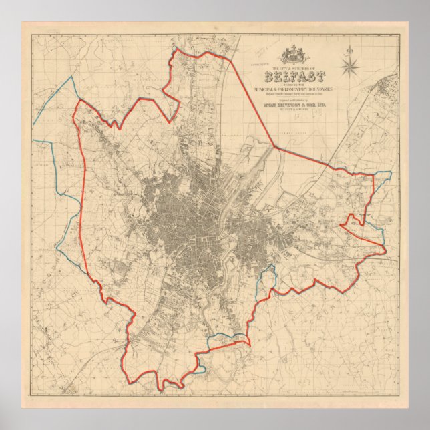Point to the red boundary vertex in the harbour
[x=274, y=146]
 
